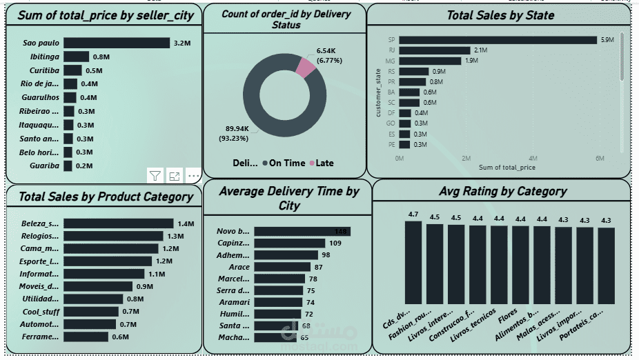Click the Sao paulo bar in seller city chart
[x=116, y=43]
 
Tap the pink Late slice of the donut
[x=305, y=66]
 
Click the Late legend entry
[x=321, y=163]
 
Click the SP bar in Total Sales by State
[x=498, y=40]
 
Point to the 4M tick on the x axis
[x=533, y=159]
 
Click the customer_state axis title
[x=378, y=92]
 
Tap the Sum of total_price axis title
[x=507, y=168]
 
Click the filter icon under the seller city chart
[x=155, y=176]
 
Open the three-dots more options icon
[x=193, y=176]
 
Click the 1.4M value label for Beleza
[x=186, y=223]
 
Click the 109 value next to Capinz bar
[x=335, y=243]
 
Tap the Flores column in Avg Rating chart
[x=520, y=265]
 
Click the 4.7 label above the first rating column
[x=413, y=214]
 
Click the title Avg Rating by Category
[x=502, y=191]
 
